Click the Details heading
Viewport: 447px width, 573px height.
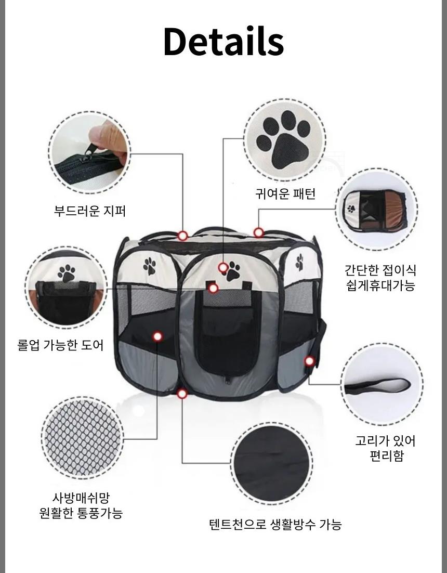tap(223, 41)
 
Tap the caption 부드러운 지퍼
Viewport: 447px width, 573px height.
tap(90, 211)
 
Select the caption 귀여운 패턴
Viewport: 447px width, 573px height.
tap(285, 193)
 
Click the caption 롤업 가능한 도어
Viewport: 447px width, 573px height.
tap(61, 345)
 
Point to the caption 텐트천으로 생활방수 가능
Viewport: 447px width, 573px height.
tap(275, 524)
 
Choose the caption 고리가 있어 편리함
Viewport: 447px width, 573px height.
tap(386, 448)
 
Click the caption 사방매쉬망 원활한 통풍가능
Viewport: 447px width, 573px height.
tap(81, 505)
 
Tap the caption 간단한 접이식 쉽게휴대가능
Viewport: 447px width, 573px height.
tap(380, 278)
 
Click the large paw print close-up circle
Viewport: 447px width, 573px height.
tap(285, 140)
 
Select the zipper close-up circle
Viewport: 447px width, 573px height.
tap(90, 153)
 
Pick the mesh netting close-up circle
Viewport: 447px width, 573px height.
tap(83, 438)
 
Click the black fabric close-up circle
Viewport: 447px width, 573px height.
tap(272, 464)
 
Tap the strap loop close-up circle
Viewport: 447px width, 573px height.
tap(382, 384)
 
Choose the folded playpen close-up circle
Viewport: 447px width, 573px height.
tap(377, 210)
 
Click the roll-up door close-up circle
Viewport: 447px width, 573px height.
tap(67, 288)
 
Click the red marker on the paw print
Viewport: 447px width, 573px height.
tap(223, 268)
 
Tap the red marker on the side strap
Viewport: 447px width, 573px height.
tap(309, 361)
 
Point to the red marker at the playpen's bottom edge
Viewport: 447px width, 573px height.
tap(182, 394)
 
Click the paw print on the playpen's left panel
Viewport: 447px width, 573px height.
tap(149, 266)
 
